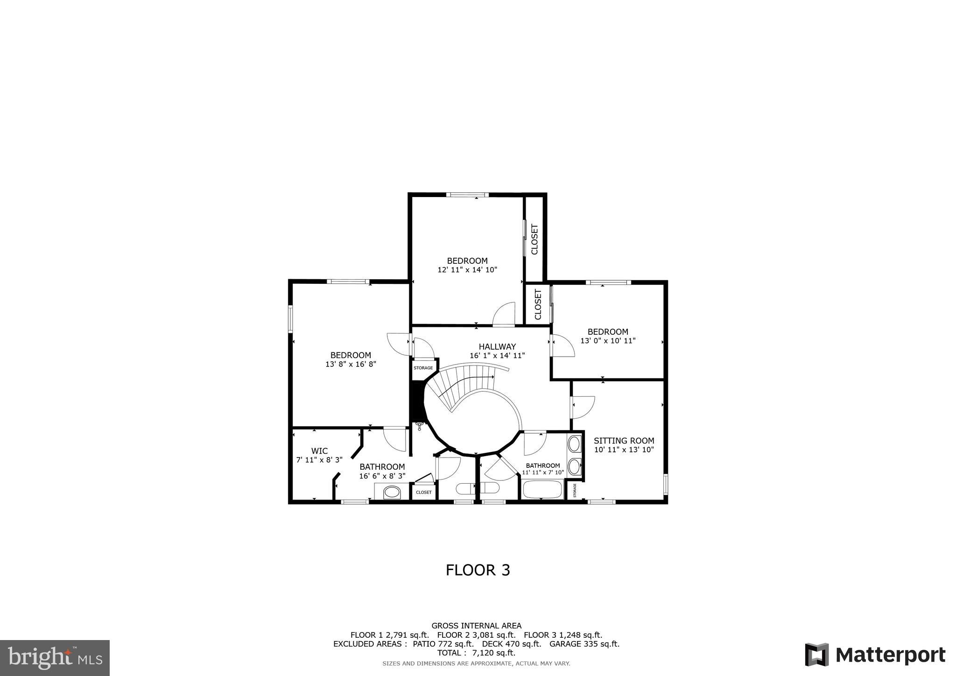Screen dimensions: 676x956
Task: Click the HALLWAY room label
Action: [x=497, y=346]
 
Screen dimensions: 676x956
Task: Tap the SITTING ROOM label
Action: [x=624, y=440]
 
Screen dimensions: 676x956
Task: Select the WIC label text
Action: [x=319, y=451]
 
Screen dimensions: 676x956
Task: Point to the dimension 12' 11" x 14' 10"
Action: [x=467, y=270]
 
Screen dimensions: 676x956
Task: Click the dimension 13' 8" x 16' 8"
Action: [x=351, y=364]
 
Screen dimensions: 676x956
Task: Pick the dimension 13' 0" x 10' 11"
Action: [x=608, y=341]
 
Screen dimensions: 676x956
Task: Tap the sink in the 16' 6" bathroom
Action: [x=392, y=492]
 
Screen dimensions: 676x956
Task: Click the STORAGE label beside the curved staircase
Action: [x=423, y=368]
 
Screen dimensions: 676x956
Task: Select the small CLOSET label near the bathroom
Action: [x=424, y=493]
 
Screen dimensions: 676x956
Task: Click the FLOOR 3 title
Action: [x=478, y=570]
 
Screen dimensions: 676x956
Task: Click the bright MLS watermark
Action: [x=55, y=658]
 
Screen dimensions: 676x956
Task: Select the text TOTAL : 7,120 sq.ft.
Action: [x=476, y=653]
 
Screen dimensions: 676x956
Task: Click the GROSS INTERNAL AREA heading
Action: [x=476, y=626]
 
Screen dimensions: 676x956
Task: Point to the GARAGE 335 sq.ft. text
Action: [x=584, y=644]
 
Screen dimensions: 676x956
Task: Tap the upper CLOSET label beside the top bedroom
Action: [x=534, y=239]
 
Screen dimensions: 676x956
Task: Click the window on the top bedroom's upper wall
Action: [x=467, y=195]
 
